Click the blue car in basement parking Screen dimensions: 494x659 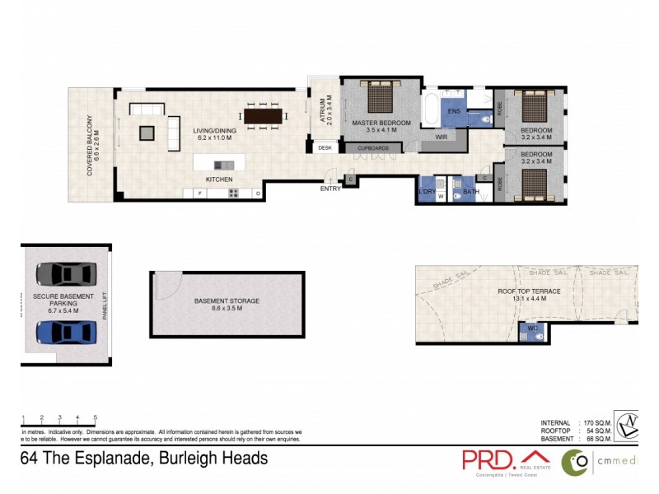66,332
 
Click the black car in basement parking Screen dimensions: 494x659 66,273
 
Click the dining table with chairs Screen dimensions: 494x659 263,116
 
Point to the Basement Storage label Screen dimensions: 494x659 227,301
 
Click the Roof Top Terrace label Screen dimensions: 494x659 529,291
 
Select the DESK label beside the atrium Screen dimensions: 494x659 325,148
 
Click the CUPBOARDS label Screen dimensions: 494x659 372,148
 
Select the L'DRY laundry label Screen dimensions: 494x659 427,191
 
